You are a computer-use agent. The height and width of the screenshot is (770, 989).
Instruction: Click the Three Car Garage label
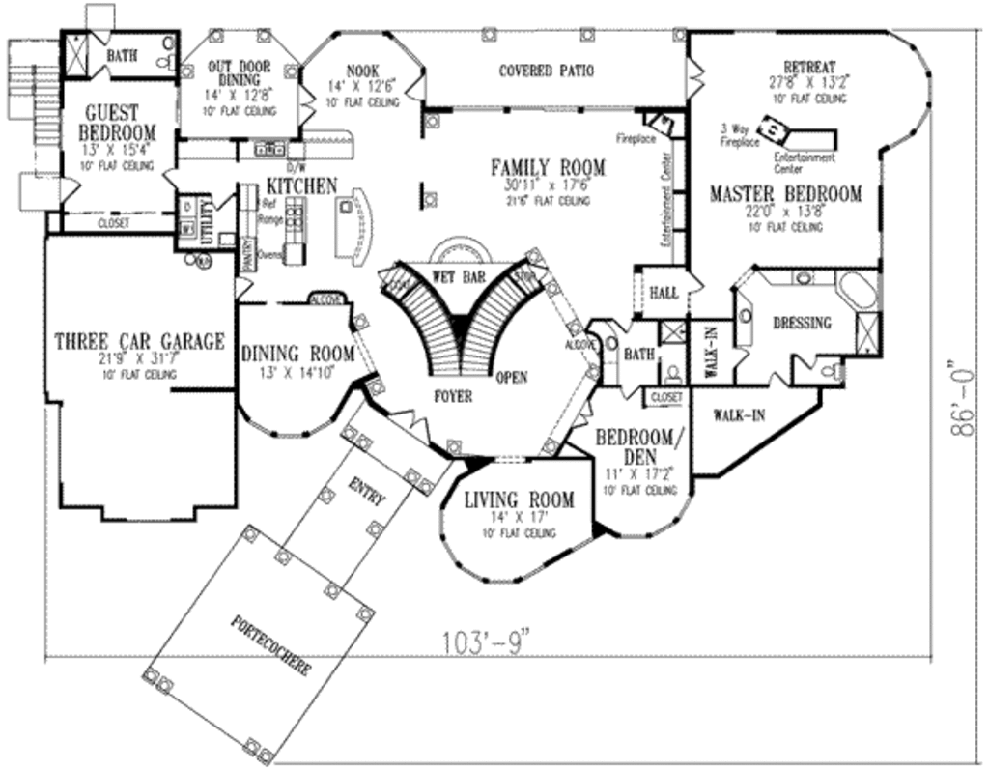coord(139,341)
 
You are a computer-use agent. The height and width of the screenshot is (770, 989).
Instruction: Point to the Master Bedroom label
coord(785,194)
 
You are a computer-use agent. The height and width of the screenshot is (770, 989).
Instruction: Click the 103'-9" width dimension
coord(488,642)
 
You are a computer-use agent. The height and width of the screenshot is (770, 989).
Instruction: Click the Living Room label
coord(519,499)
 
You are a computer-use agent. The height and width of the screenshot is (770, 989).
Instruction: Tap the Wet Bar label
coord(459,275)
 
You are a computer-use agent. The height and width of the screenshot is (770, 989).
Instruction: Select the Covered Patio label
coord(546,71)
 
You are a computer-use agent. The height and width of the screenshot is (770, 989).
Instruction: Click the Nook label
coord(361,71)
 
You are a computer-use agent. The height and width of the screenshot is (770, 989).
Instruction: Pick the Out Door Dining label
coord(240,74)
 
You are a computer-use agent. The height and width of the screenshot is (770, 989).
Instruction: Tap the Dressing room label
coord(802,323)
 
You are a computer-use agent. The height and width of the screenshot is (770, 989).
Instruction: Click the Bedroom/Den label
coord(639,445)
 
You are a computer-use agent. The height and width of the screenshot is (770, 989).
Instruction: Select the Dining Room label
coord(297,354)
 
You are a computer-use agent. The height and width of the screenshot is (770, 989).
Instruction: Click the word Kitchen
coord(301,185)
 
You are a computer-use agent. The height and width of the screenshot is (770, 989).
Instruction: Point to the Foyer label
coord(452,396)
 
